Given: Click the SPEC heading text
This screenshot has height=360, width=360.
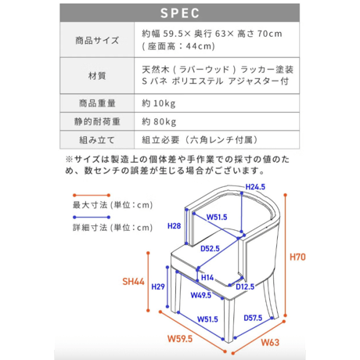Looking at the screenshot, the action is pos(180,13).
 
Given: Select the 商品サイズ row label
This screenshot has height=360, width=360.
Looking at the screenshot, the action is pos(97,40).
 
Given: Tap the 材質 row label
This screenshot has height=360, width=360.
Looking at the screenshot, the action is pos(97,76).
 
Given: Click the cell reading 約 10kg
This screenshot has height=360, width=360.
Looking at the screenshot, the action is pos(159,103).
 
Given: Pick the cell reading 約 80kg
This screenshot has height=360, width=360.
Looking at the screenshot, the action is pos(159,121).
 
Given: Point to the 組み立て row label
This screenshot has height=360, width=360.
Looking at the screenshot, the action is pos(97,140).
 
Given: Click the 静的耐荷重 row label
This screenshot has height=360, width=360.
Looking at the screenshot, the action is pos(97,121).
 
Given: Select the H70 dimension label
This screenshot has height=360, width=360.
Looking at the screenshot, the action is pos(297,257).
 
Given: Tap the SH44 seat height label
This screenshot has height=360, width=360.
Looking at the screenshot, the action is pos(133,282).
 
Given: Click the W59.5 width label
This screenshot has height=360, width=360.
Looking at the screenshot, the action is pos(180,339).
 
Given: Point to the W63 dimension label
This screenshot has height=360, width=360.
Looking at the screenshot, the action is pos(270,342).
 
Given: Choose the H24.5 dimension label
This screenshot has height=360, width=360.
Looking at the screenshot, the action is pos(255,187).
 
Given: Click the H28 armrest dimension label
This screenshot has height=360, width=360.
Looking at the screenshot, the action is pos(174,226).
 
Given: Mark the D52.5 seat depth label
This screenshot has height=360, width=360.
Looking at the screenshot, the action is pos(210,249).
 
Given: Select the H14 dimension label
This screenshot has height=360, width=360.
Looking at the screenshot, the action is pos(207,278).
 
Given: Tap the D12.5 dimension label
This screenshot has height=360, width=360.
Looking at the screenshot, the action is pos(245,287).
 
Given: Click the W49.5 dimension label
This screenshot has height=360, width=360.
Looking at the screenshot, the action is pos(201,295).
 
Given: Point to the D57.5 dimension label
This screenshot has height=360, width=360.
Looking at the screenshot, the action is pos(253,318).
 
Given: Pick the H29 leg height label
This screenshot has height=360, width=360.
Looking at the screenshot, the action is pos(158,286).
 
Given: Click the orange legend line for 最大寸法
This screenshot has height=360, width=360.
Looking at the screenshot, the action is pos(92,195).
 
